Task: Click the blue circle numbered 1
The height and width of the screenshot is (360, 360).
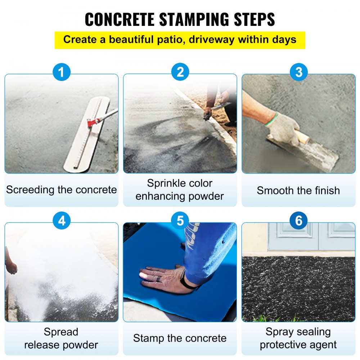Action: pos(62,72)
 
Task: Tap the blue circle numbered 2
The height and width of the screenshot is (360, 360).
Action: pos(180,72)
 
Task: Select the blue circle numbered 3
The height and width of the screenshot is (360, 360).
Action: pos(298,72)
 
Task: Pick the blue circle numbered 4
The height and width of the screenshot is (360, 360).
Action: pos(62,221)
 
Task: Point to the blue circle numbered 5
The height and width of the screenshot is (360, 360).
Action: pos(180,221)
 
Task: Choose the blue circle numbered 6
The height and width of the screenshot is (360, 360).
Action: pos(298,221)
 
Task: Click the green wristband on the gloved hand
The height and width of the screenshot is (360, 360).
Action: pos(272,119)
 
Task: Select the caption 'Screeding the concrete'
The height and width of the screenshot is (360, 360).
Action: pos(62,190)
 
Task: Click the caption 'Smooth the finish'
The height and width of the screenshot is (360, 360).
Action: pos(298,190)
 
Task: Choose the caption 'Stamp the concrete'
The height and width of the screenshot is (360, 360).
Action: pos(180,338)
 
